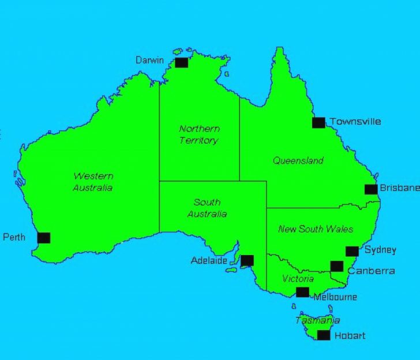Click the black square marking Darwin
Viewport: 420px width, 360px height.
181,62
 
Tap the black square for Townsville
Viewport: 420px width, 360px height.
318,122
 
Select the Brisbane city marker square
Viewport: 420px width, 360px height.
371,189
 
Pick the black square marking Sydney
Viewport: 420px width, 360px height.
352,251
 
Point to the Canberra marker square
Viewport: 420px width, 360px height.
337,266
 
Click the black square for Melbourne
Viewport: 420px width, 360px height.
302,292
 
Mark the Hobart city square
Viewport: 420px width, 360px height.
324,335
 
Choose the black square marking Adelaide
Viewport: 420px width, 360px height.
247,260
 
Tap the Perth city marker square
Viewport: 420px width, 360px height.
43,238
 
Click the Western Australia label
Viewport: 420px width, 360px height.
93,182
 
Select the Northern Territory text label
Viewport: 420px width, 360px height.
199,134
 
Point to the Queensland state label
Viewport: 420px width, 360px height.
298,161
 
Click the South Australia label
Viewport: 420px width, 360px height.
207,208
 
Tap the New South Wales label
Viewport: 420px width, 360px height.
315,229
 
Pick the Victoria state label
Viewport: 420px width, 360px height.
298,279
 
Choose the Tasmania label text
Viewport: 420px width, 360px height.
317,320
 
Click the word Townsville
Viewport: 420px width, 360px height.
355,122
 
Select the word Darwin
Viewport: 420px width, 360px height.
149,60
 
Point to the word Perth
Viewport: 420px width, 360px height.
14,237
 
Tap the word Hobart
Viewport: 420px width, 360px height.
350,335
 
